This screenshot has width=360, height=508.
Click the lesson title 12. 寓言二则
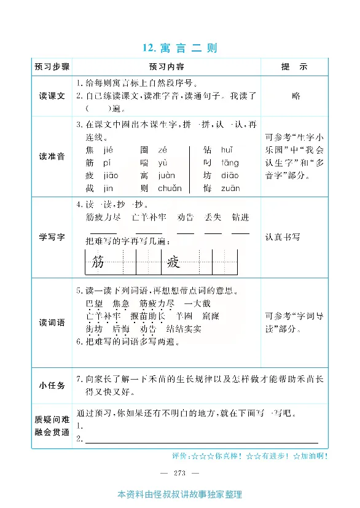179,48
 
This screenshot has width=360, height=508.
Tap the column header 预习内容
166,67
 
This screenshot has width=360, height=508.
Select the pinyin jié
108,150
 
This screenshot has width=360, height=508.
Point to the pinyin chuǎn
169,189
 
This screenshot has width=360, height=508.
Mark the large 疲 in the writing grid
173,263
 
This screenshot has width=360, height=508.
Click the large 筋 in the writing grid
97,263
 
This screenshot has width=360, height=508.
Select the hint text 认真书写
283,236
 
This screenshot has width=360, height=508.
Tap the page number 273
179,472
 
